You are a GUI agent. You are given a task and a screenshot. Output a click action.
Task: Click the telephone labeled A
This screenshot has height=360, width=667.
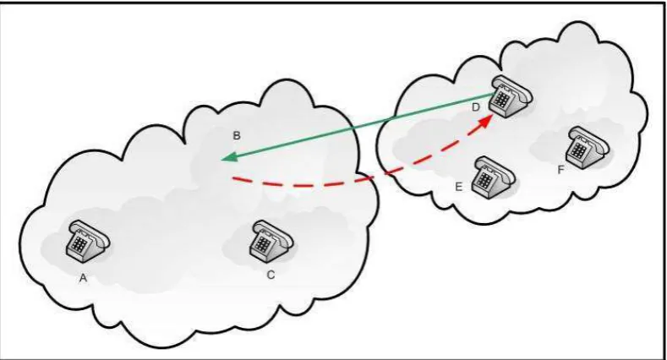click(88, 241)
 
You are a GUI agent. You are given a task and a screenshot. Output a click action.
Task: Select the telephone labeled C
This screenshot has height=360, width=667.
click(271, 241)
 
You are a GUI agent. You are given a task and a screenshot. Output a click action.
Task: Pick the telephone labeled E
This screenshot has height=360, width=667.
click(494, 177)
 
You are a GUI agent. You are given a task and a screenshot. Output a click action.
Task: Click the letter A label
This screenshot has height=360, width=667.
click(84, 278)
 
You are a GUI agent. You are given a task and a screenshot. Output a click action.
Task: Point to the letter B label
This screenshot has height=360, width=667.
click(237, 135)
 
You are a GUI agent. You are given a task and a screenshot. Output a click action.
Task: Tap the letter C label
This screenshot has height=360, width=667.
click(271, 275)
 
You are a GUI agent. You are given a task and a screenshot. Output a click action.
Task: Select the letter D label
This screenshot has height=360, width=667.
click(476, 107)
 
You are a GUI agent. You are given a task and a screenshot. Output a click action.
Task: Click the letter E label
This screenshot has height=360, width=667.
click(458, 187)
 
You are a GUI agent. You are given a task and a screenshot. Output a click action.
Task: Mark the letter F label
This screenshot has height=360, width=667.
click(560, 170)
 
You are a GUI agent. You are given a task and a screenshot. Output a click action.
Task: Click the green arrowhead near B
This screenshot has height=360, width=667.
click(228, 157)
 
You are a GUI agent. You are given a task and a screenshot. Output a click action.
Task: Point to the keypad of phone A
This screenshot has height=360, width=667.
click(79, 244)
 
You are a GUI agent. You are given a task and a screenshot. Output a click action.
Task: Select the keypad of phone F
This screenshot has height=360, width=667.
click(579, 150)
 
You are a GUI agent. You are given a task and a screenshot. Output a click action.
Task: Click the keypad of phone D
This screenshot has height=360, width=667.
click(501, 100)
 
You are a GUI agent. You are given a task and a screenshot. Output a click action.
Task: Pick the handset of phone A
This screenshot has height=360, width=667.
click(90, 231)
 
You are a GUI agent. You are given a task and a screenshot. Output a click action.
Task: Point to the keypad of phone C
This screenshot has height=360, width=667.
click(262, 245)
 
